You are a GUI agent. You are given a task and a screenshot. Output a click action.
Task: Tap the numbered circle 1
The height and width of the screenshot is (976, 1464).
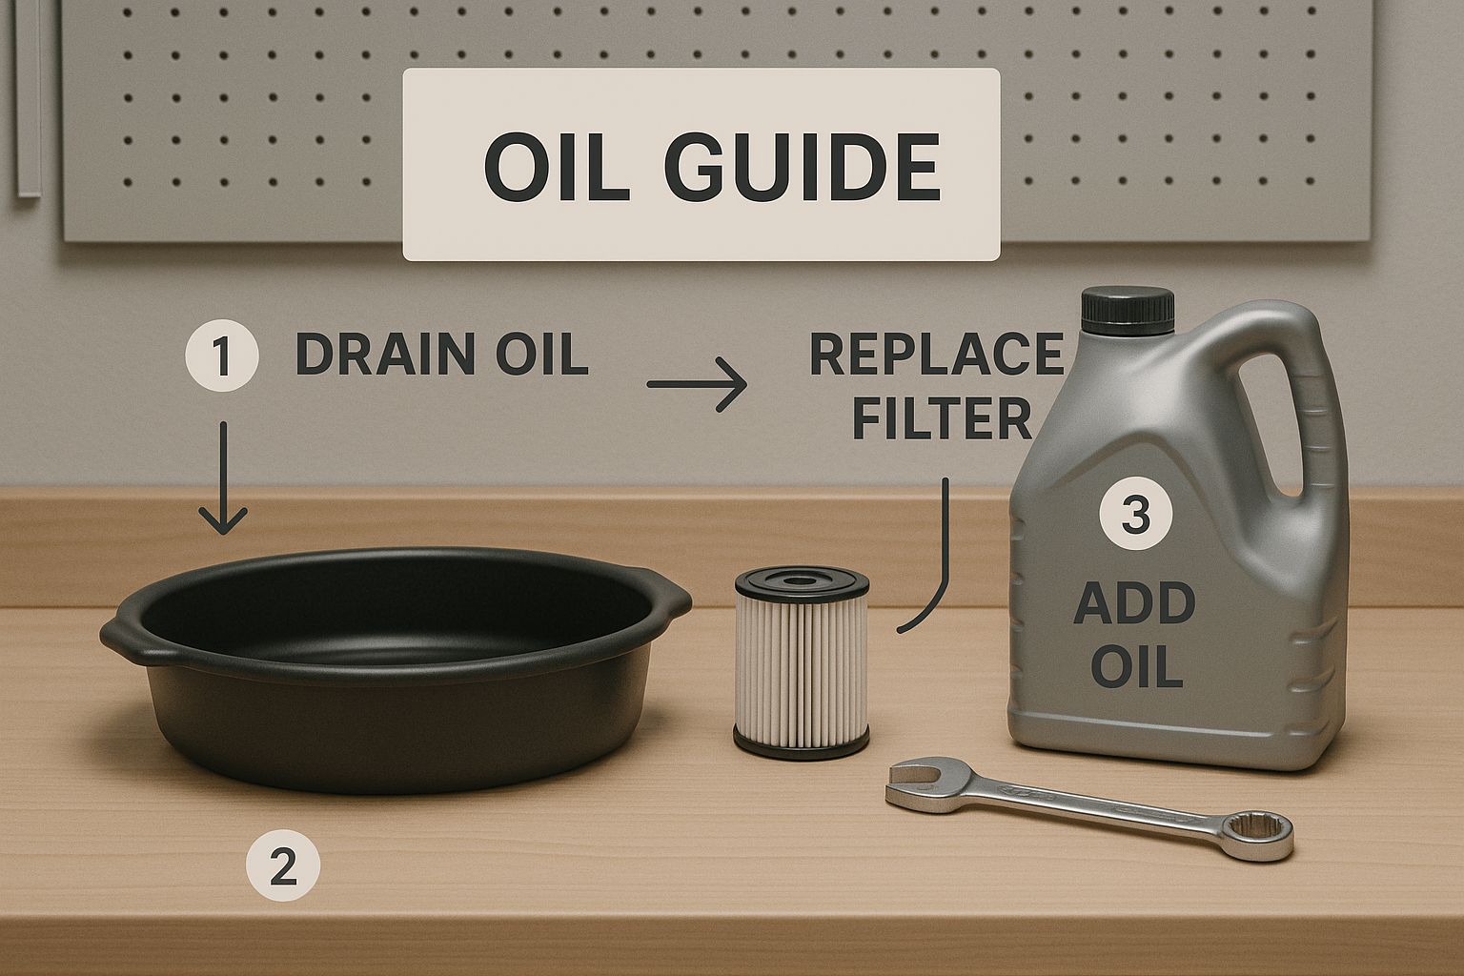pyautogui.click(x=221, y=355)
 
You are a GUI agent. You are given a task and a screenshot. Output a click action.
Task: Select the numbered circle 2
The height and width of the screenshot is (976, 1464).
pyautogui.click(x=283, y=865)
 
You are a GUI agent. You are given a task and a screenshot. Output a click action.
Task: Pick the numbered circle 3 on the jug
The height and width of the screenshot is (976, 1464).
pyautogui.click(x=1136, y=513)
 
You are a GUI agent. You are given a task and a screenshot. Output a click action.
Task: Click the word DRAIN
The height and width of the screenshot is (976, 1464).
pyautogui.click(x=385, y=355)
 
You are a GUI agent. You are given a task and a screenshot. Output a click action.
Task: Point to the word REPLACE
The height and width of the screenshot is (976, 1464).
pyautogui.click(x=937, y=355)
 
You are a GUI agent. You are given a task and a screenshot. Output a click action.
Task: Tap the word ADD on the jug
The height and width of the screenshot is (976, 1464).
pyautogui.click(x=1134, y=604)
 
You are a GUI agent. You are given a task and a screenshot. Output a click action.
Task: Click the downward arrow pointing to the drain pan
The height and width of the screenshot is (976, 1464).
pyautogui.click(x=223, y=478)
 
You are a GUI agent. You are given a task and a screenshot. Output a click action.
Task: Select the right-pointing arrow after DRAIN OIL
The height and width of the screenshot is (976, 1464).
pyautogui.click(x=697, y=384)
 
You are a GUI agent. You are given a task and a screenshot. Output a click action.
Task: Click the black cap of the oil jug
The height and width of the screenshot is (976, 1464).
pyautogui.click(x=1128, y=311)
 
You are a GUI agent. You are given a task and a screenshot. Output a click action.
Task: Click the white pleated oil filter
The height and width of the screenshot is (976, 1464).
pyautogui.click(x=802, y=662)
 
